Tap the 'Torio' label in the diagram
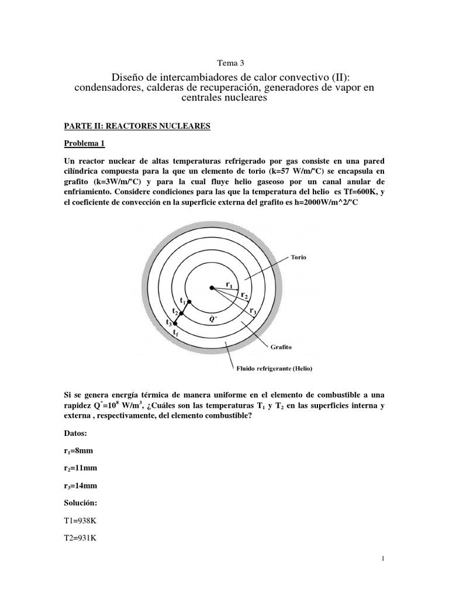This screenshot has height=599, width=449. tap(298, 257)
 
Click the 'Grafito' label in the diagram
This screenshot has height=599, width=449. tap(282, 346)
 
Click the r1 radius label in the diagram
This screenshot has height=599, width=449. tap(229, 285)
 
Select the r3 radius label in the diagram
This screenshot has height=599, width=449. tap(253, 311)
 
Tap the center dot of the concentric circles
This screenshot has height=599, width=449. tap(212, 287)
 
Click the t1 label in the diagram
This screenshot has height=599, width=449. tap(183, 301)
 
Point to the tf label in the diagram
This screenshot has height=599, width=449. tap(175, 332)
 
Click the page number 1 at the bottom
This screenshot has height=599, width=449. tap(382, 559)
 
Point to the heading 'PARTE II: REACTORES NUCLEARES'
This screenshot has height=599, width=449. tap(136, 126)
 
